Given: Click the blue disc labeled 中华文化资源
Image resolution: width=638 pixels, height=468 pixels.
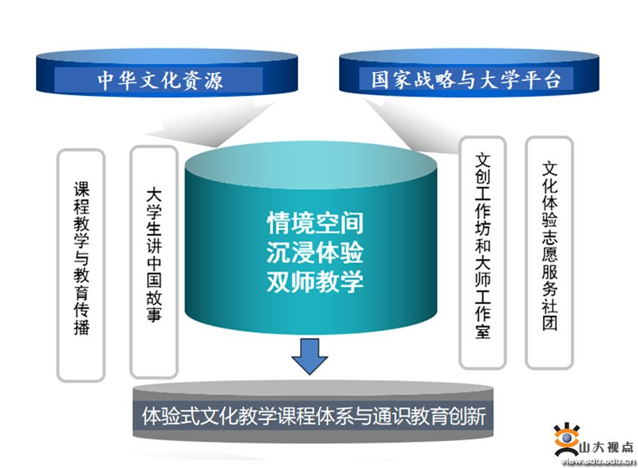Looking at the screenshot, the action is (167, 73).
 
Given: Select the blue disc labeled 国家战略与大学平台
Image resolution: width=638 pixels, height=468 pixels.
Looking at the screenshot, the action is (469, 72).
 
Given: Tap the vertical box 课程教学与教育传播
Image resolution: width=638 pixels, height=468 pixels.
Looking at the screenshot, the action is (81, 265).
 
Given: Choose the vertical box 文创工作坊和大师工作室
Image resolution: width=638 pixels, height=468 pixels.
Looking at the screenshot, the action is (483, 252).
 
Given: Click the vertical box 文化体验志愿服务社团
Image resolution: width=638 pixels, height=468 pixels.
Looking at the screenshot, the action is (549, 252).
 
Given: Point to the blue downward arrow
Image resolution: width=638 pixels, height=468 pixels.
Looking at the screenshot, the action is (310, 357).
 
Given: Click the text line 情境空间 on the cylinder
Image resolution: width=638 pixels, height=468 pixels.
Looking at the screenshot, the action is (315, 223).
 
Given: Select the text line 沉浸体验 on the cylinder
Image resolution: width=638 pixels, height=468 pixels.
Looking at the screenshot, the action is (315, 252).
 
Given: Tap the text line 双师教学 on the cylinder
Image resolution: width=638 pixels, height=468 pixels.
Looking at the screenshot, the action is (315, 282).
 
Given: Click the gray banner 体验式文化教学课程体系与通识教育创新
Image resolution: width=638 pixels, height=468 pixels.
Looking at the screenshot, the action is (313, 415).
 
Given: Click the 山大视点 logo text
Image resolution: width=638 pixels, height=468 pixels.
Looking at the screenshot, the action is (606, 447).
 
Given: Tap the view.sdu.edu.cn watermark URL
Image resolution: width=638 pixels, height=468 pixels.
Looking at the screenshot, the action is (598, 460).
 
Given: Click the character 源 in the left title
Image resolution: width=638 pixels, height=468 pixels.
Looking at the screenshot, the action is (213, 80).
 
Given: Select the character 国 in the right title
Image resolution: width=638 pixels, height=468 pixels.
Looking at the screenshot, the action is (381, 79).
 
